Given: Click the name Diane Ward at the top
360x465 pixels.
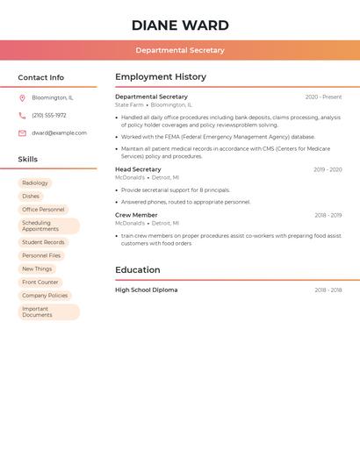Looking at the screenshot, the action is (x=180, y=25).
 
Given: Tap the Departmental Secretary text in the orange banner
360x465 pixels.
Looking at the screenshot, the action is (x=180, y=51).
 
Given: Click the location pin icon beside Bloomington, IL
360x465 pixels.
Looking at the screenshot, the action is (x=22, y=98).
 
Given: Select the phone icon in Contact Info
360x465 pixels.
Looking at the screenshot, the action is (x=22, y=116).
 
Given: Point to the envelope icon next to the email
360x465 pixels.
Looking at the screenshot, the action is (x=22, y=133).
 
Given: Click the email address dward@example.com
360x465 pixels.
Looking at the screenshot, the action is (x=59, y=133).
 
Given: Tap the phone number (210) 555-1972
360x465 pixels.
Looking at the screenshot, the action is (x=49, y=116).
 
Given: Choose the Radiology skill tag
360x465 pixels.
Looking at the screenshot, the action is (x=35, y=183).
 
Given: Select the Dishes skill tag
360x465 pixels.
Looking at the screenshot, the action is (x=31, y=197).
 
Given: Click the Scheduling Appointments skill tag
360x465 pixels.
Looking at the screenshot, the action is (x=48, y=226).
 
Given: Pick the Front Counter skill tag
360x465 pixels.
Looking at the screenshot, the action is (x=40, y=283).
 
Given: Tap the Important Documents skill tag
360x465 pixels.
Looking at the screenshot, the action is (x=48, y=311).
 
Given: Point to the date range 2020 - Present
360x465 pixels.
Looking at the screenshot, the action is (x=323, y=97).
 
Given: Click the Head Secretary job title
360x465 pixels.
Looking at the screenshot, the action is (x=138, y=169).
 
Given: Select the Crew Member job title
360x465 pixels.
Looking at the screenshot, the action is (x=136, y=215).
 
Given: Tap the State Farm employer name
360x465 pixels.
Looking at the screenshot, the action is (x=129, y=104).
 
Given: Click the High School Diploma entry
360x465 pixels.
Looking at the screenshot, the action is (x=146, y=290).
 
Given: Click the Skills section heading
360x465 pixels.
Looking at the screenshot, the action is (x=28, y=160).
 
